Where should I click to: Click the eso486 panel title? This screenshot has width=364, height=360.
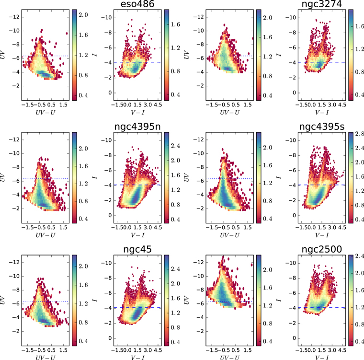coord(137,4)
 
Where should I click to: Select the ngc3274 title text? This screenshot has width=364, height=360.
coord(321,4)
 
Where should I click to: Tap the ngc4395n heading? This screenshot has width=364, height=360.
coord(137,127)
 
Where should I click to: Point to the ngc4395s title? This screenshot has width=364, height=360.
coord(322,127)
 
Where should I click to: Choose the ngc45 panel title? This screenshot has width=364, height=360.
coord(137,249)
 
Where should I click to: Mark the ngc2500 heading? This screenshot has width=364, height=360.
coord(321,249)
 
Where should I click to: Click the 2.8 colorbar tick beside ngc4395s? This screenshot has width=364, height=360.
coord(360,134)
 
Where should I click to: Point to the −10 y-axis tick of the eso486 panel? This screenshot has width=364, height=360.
coord(107,18)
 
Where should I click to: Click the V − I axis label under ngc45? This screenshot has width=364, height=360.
coord(137,357)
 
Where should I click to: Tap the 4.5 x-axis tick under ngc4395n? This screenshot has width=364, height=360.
coord(158,227)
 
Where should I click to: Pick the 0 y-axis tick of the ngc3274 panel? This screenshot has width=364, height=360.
coord(295,93)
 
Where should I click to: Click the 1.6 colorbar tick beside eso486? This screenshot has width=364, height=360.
coord(175,24)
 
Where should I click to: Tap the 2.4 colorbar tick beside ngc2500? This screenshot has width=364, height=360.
coord(360,256)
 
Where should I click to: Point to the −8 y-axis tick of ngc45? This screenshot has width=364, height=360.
coord(109,278)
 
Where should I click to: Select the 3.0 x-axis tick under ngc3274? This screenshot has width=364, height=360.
coord(332,105)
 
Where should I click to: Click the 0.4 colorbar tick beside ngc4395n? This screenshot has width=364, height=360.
coord(175,220)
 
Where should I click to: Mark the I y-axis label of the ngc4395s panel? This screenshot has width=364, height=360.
coord(279,177)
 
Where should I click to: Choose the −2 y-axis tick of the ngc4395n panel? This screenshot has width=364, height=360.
coord(109,200)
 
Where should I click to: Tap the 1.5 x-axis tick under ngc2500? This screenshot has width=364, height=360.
coord(322,350)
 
